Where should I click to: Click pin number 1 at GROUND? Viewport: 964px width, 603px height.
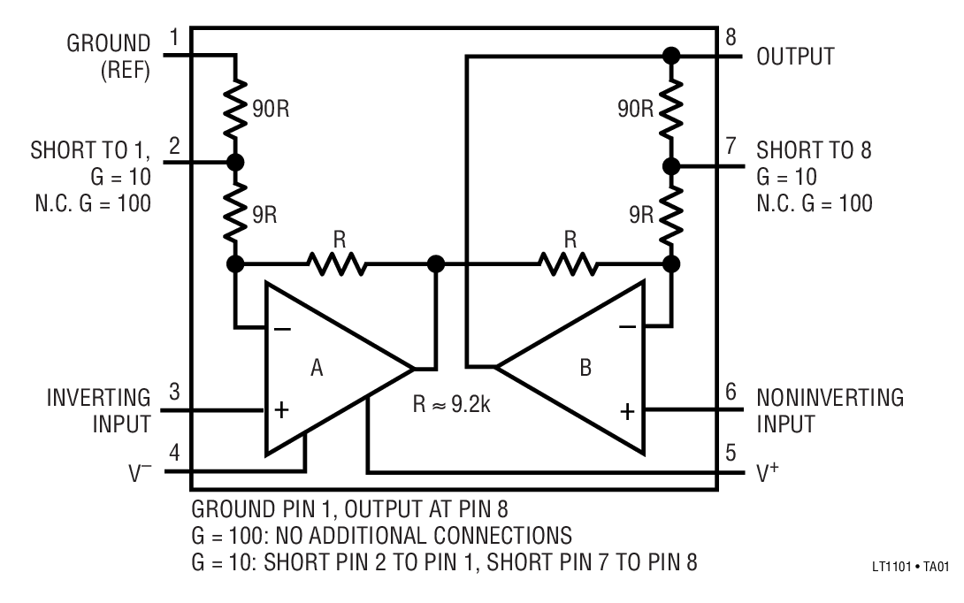174,36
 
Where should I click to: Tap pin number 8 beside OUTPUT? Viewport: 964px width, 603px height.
731,36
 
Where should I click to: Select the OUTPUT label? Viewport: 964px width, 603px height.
795,57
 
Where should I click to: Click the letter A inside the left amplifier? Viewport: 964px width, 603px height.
317,367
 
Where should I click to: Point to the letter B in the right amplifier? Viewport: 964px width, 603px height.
585,367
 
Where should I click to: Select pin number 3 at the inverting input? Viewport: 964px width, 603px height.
174,390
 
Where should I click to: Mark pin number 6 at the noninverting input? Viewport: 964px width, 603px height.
731,390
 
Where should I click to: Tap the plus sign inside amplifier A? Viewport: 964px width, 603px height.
281,410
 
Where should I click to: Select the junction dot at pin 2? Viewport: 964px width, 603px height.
235,164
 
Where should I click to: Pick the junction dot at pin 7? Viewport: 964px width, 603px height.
671,165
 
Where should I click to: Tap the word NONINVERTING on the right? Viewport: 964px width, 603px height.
830,398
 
